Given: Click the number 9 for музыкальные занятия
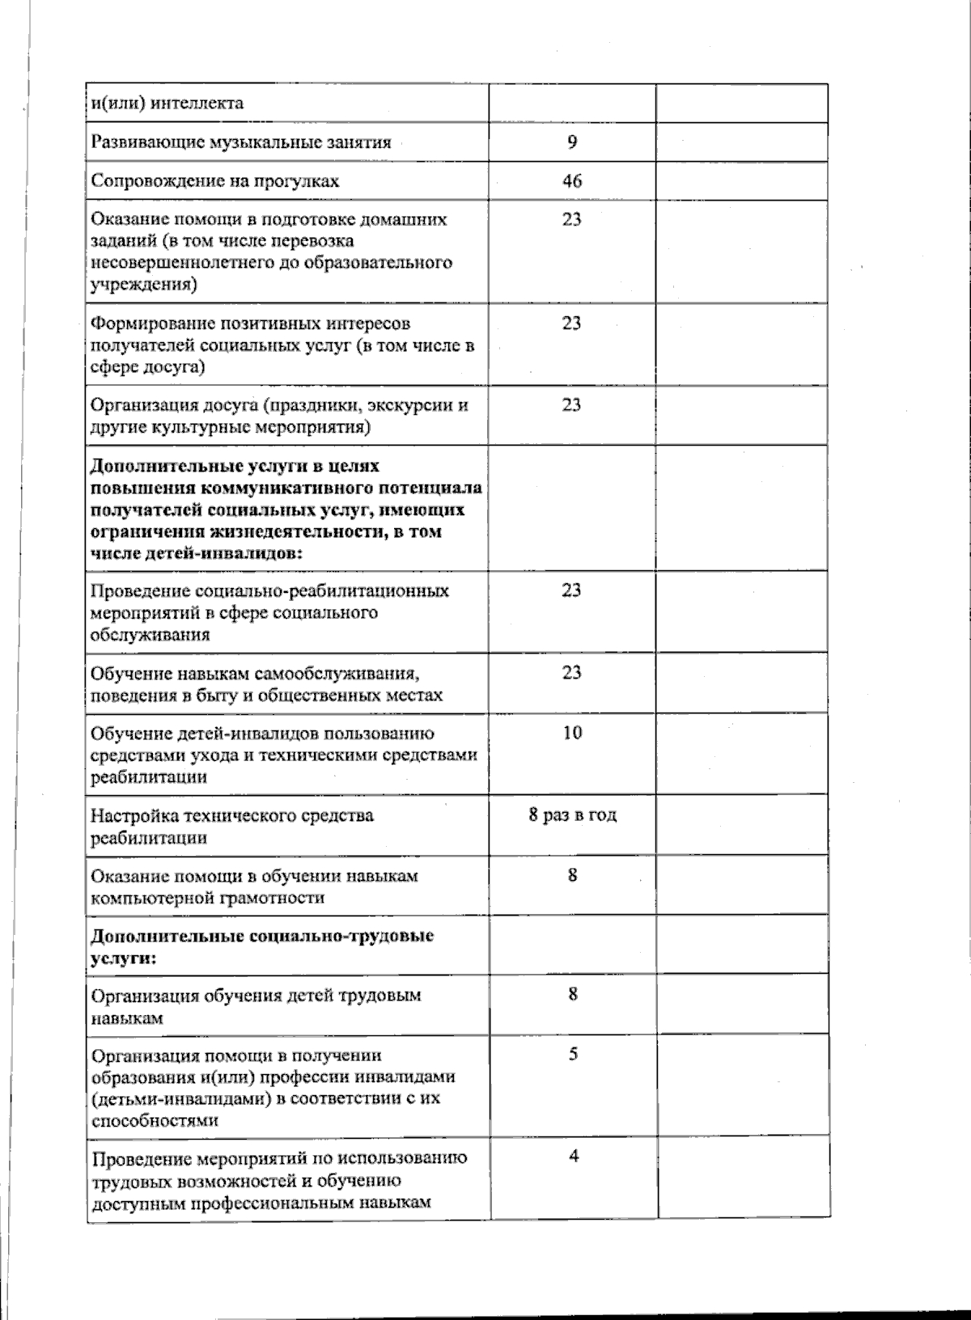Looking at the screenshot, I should [572, 142].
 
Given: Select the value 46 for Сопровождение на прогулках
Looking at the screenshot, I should [572, 180].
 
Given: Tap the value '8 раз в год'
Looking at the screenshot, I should [573, 814].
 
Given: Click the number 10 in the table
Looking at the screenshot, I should [572, 733].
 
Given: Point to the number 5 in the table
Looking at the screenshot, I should [573, 1055].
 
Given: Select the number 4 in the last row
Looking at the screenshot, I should [573, 1156].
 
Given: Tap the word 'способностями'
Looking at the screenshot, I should [143, 1121].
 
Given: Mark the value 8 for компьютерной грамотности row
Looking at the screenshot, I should [573, 875].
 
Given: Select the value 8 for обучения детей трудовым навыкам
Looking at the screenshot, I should [573, 995].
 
